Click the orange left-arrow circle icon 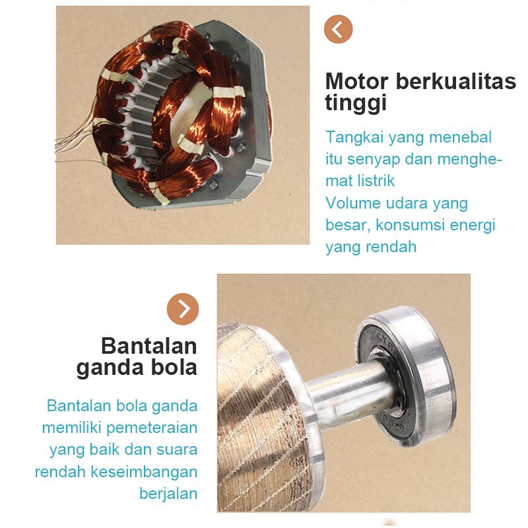click(339, 29)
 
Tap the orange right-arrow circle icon click(183, 308)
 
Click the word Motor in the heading click(357, 82)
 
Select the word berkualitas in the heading click(456, 82)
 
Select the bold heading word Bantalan click(148, 346)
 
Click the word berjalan click(168, 494)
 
